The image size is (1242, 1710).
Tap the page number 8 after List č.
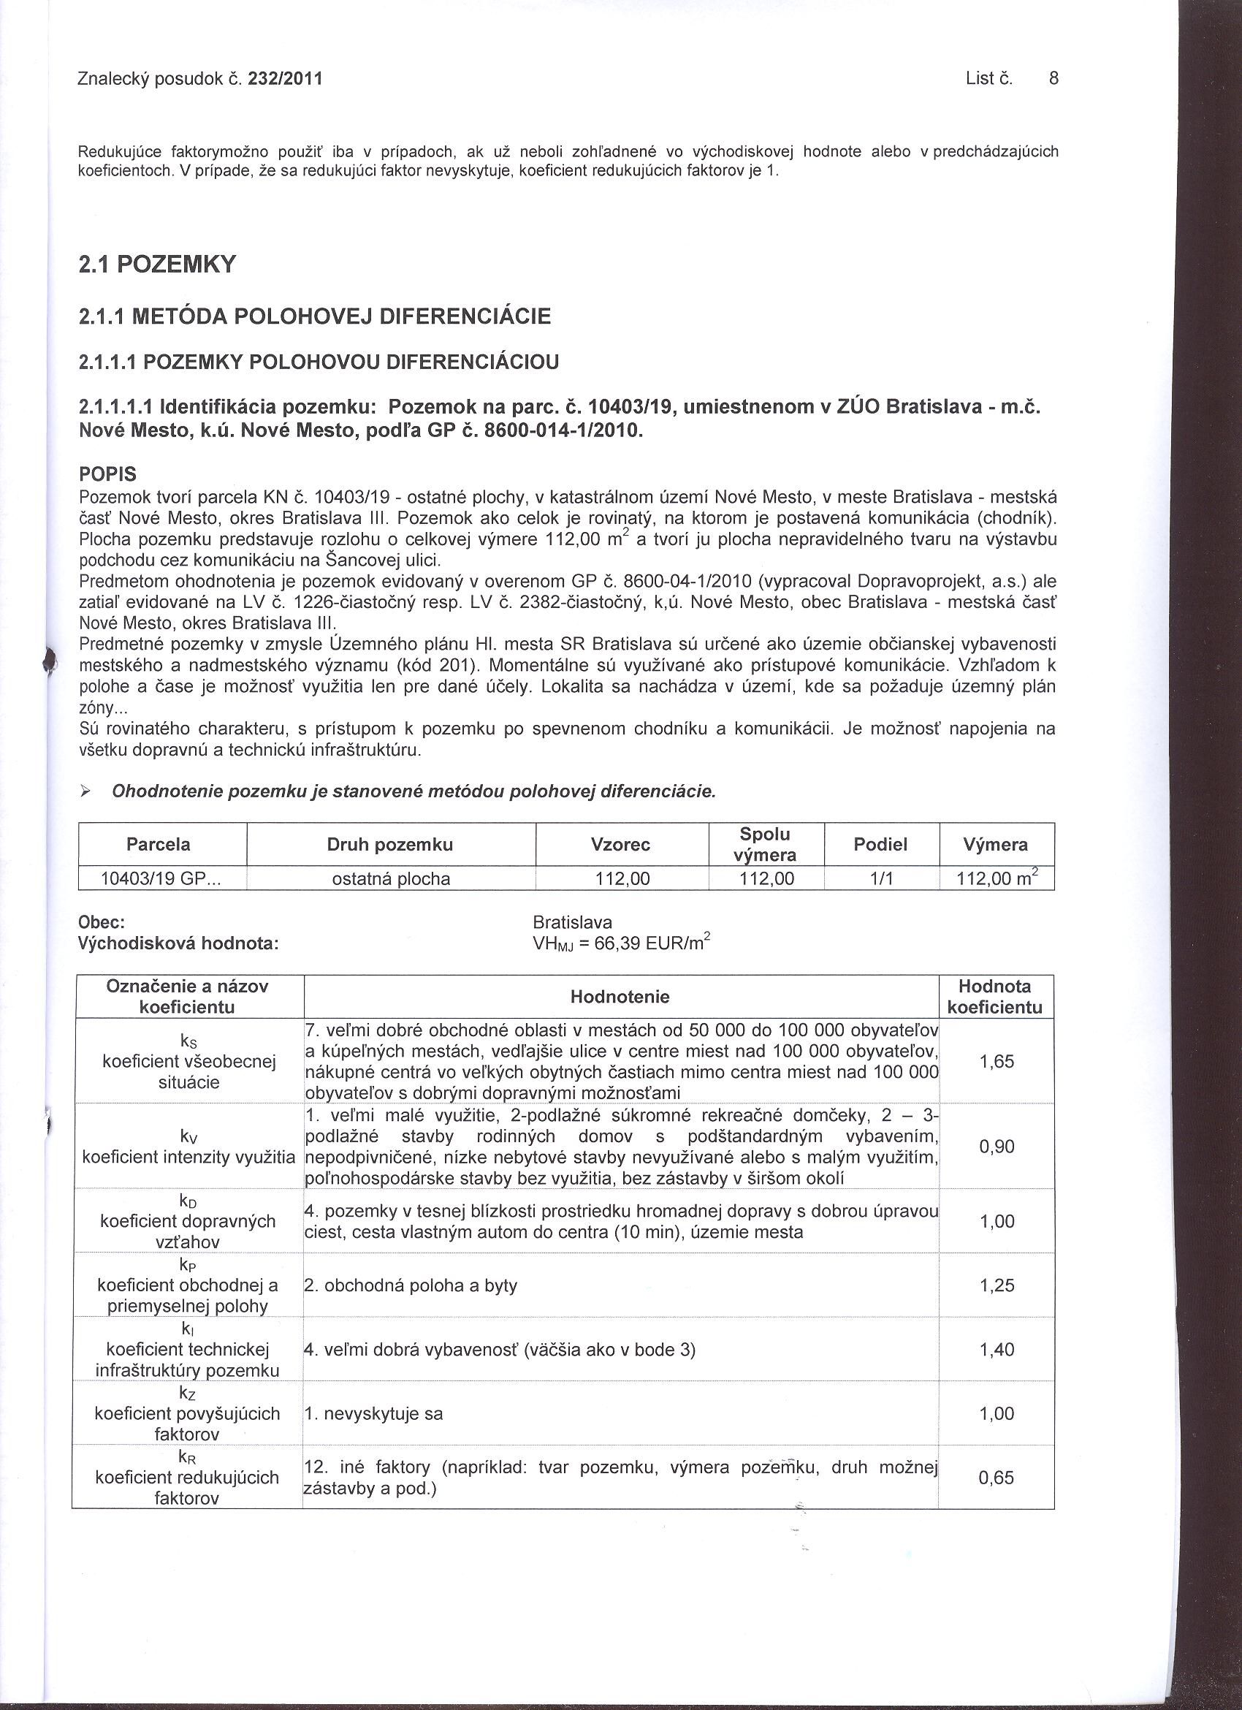1054,78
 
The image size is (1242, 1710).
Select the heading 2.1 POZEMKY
158,265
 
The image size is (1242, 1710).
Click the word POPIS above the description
108,475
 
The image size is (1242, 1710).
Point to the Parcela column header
159,844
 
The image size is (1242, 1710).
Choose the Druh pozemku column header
389,845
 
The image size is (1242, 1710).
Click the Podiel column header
880,845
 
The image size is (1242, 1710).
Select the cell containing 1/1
880,878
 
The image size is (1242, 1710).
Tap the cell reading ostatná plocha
390,878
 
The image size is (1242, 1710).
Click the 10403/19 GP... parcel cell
159,878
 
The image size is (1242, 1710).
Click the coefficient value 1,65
997,1062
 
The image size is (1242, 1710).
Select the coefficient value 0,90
997,1147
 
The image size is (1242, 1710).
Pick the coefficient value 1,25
997,1285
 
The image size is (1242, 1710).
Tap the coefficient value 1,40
997,1350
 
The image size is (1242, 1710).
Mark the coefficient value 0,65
997,1478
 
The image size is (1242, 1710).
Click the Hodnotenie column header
620,997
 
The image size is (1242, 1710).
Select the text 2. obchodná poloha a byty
410,1285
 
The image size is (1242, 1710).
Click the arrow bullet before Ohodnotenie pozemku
85,791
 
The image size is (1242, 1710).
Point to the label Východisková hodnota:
178,943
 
